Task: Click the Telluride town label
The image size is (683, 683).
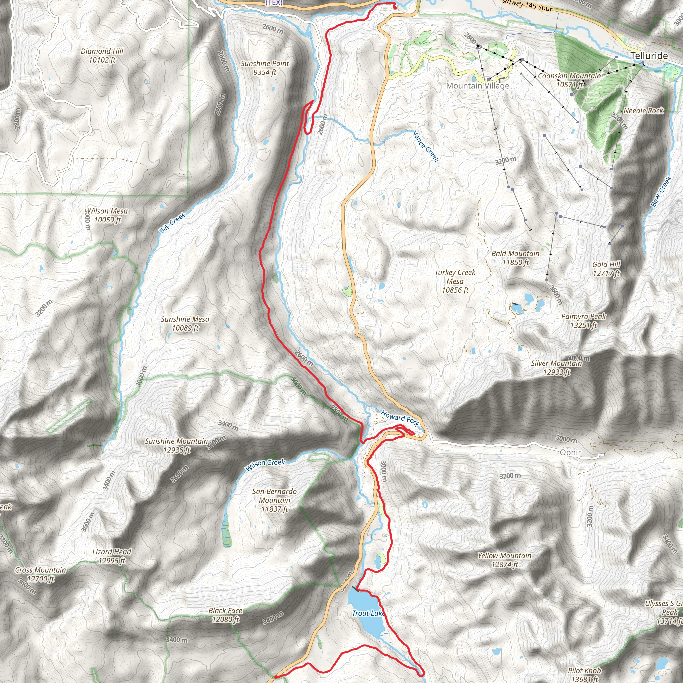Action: (x=649, y=55)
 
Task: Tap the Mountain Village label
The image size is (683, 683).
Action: (x=477, y=86)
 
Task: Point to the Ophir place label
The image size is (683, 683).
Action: (x=570, y=452)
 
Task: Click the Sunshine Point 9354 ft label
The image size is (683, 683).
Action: (x=265, y=68)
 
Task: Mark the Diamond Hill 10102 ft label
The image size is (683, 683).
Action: (x=102, y=55)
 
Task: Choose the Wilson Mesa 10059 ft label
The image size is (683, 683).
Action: (x=107, y=215)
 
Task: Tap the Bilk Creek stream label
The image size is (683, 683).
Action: (x=172, y=223)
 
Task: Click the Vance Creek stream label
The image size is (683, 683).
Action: (x=426, y=146)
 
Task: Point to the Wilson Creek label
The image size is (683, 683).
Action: (x=265, y=465)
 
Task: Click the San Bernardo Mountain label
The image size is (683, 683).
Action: (x=275, y=500)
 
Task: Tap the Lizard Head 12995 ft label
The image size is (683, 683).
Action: (x=112, y=556)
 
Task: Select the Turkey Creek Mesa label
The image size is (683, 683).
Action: (x=455, y=281)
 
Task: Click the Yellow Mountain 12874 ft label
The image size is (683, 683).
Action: (x=504, y=560)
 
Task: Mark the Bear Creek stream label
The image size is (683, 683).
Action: (x=661, y=192)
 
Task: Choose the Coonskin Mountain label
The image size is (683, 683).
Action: (x=569, y=80)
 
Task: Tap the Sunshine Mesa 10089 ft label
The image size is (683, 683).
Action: (x=185, y=323)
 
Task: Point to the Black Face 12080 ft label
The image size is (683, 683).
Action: (x=225, y=615)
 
